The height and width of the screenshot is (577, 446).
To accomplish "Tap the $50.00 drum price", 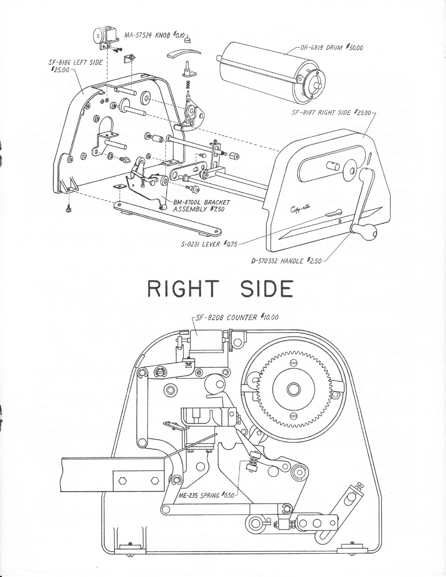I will point(354,47).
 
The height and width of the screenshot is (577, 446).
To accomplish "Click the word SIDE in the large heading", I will point(267,289).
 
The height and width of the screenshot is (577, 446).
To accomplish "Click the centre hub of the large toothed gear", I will point(293,386).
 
